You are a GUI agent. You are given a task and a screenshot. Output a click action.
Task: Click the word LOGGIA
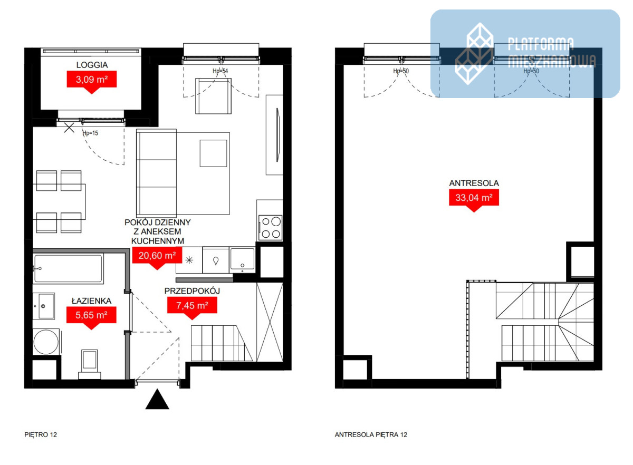92,65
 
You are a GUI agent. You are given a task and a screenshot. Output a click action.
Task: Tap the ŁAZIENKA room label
91,301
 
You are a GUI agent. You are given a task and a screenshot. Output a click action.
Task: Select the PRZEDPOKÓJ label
192,290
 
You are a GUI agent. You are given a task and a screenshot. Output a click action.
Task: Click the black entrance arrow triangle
157,399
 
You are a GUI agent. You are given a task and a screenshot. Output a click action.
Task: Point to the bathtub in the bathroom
68,268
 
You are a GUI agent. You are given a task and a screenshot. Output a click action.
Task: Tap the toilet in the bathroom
90,364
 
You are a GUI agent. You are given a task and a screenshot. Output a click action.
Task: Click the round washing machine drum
46,342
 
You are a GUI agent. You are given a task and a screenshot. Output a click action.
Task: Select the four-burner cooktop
271,228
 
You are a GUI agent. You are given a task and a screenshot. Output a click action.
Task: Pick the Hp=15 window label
90,133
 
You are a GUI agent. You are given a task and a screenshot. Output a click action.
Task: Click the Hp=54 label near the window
220,71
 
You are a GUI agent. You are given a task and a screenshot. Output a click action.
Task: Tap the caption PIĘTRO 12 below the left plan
41,434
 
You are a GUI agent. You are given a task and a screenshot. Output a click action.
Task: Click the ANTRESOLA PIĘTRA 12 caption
371,434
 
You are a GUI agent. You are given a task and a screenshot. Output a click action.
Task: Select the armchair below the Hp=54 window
213,96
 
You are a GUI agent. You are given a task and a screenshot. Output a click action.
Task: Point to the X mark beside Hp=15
69,128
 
